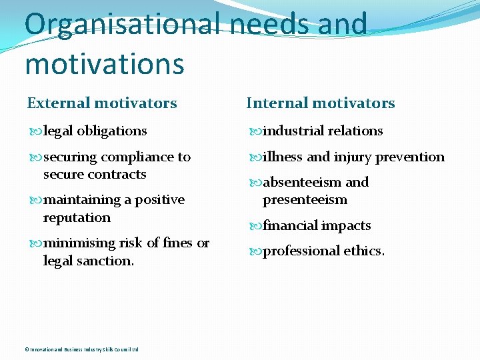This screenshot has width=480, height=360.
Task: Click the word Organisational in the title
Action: pos(122,24)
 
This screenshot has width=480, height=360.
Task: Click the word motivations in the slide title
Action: pos(104,64)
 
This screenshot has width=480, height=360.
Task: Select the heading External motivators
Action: pos(102,103)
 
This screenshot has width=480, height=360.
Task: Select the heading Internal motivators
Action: pos(321,103)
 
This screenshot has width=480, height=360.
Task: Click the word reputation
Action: pos(77,217)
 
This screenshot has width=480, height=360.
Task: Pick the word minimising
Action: pos(79,243)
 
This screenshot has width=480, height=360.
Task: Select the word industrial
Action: pos(291,131)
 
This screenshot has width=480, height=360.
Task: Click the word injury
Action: pos(353,157)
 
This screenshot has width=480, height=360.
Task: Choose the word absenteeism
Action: pos(302,182)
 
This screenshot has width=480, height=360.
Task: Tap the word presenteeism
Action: pos(305,199)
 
